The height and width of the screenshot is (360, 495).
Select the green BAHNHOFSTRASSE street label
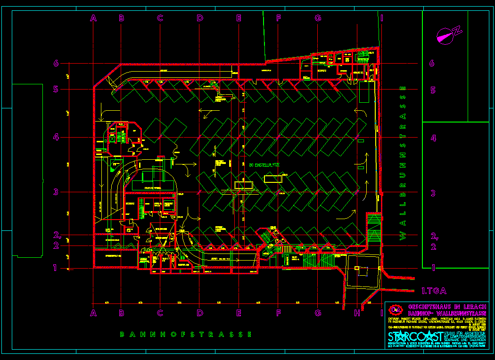click(186, 335)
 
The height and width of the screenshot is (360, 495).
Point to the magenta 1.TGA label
click(434, 291)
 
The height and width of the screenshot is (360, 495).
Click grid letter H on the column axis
click(357, 312)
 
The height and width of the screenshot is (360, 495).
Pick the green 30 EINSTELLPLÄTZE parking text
click(264, 165)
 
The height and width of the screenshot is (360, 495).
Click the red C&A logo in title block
click(395, 310)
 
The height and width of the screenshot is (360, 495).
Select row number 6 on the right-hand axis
click(432, 64)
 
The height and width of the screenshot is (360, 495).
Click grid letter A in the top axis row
click(93, 18)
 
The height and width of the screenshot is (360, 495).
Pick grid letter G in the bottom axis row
click(318, 312)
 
